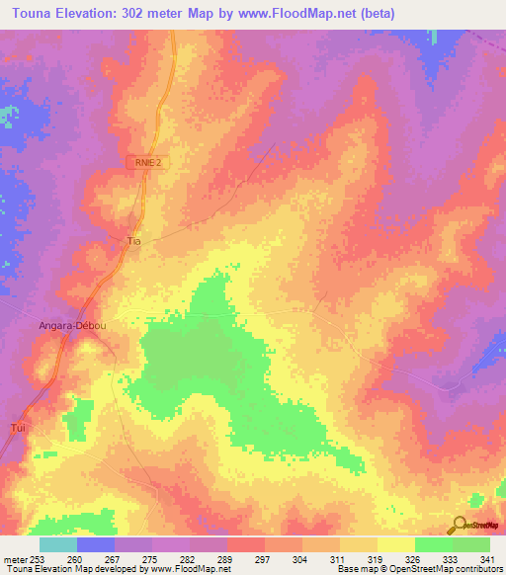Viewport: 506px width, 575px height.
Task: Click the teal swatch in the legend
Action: point(57,544)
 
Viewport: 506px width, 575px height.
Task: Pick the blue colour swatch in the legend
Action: point(95,544)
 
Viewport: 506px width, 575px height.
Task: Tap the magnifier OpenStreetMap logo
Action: point(461,525)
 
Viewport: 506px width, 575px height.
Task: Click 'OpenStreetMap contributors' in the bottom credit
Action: point(436,569)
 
